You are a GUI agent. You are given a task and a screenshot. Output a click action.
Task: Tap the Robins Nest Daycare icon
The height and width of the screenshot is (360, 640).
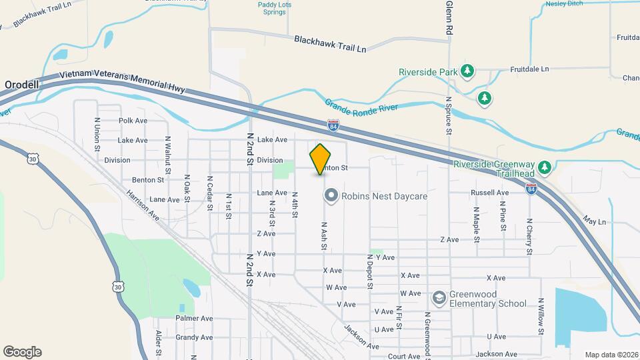tap(331, 196)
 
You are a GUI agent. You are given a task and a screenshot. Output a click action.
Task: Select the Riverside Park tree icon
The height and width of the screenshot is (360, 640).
tap(468, 71)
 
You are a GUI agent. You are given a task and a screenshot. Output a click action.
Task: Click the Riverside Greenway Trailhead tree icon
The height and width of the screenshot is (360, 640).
tap(545, 167)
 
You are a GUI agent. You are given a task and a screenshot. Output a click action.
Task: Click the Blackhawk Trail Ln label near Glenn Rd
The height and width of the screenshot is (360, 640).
tap(331, 44)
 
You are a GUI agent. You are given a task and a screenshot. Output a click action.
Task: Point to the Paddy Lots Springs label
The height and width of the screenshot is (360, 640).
tap(275, 9)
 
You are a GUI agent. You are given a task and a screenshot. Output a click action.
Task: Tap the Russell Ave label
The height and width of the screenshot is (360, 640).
tap(489, 193)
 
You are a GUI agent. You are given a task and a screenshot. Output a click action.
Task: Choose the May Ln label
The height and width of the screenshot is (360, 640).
tap(593, 221)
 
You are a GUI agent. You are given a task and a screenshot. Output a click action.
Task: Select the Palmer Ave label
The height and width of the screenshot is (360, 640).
tap(194, 319)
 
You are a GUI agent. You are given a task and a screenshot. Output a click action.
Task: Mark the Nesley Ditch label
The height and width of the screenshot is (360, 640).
tap(565, 3)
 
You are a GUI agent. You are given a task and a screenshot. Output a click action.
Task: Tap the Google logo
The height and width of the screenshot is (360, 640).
tap(22, 351)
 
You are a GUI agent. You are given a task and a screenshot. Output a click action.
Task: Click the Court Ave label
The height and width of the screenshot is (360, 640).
tap(404, 356)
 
